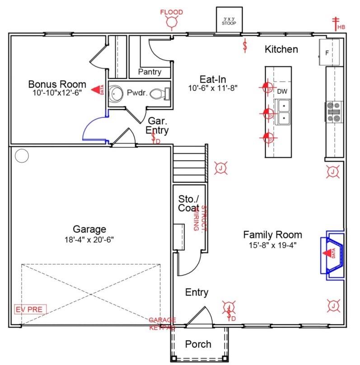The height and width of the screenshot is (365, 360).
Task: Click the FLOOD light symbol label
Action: [x=172, y=12]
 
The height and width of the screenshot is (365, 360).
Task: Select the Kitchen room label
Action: [x=281, y=49]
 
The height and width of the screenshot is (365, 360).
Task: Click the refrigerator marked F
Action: [x=328, y=52]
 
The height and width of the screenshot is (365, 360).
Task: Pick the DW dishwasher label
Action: [x=282, y=92]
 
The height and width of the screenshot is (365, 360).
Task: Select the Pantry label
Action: [x=150, y=72]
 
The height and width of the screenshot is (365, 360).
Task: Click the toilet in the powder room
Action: [x=159, y=94]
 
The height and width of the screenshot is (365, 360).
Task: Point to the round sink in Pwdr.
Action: [x=117, y=94]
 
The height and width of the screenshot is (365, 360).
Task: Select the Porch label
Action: [x=198, y=344]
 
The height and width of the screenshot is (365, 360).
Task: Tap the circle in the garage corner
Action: [x=21, y=156]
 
